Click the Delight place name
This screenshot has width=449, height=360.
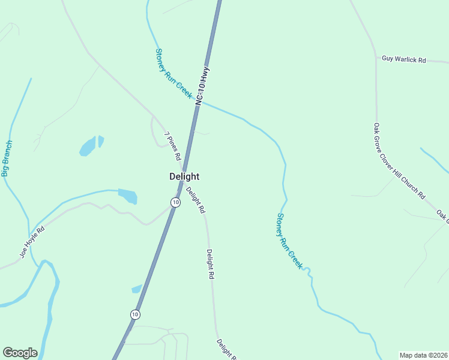[x=184, y=176]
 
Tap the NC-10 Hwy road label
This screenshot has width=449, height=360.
[x=203, y=86]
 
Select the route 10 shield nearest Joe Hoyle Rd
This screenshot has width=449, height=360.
[x=175, y=202]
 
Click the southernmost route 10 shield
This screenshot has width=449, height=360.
[x=135, y=314]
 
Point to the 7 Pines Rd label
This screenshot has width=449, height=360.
[x=173, y=146]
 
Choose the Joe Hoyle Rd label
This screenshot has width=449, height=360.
[x=32, y=242]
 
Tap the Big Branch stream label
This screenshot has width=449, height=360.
[x=7, y=158]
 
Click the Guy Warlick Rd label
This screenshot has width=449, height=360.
[x=403, y=60]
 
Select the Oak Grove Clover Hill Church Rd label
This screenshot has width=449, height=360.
[x=399, y=161]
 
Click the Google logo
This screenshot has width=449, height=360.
[x=20, y=353]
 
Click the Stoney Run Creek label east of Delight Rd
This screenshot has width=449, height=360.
[x=289, y=241]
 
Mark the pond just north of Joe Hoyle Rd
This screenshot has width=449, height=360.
[x=128, y=196]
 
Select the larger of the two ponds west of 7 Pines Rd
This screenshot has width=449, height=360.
[x=88, y=146]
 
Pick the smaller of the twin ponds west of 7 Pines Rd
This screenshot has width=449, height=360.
[x=101, y=141]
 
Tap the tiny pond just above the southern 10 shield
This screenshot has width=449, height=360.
[x=136, y=289]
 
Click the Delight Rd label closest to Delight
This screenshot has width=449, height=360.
[x=196, y=201]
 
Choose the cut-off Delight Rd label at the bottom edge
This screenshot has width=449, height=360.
[x=226, y=349]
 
